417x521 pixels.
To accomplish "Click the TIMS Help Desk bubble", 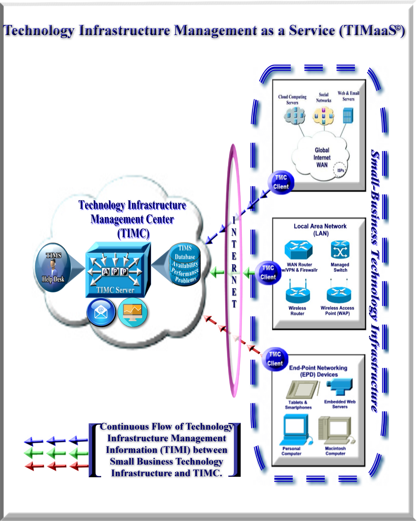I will [x=53, y=267].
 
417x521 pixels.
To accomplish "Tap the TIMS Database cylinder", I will [x=185, y=264].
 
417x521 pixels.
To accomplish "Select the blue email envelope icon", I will [x=101, y=312].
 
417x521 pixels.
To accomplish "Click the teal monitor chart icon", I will [x=133, y=312].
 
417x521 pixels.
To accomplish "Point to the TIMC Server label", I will [x=115, y=290].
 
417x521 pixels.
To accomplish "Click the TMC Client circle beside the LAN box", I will [x=268, y=273].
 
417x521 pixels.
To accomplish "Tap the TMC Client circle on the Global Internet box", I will [x=281, y=182].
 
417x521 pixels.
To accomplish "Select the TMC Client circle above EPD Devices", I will [x=275, y=359].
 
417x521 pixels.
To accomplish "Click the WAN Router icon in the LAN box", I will [x=298, y=250].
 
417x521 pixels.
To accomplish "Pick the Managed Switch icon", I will [x=340, y=250].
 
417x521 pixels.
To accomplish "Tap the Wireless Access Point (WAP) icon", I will [x=339, y=294].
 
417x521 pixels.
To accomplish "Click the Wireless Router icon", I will [x=298, y=294].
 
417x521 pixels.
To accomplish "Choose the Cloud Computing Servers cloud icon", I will [x=295, y=115].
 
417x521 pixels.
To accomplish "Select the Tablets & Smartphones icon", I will [x=302, y=389].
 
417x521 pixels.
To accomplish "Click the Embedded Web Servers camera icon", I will [x=340, y=387].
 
